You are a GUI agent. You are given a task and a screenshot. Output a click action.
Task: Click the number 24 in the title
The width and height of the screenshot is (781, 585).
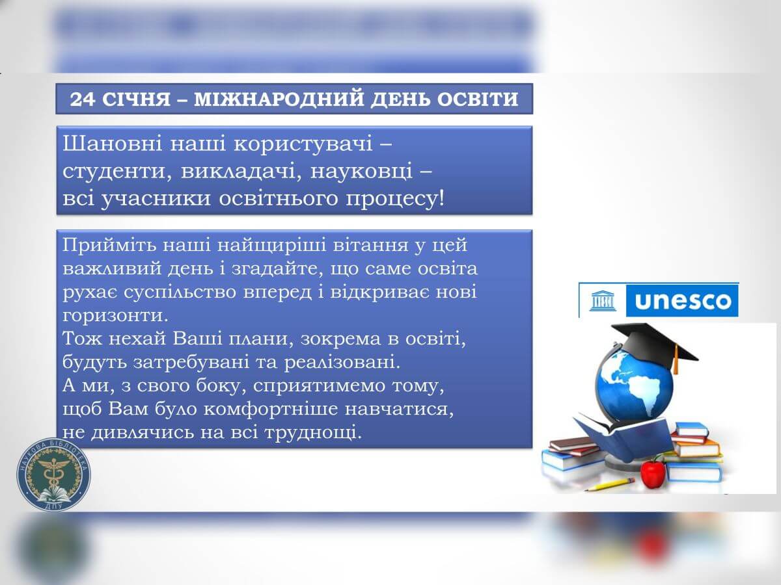click(82, 99)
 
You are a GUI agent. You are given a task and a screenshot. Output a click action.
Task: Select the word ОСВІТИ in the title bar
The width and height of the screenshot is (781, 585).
click(478, 99)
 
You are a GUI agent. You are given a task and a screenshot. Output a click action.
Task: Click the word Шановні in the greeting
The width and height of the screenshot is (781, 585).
click(113, 144)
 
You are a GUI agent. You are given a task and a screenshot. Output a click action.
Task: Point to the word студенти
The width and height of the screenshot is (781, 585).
click(118, 172)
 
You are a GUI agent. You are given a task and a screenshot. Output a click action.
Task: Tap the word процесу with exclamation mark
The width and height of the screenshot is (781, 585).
click(395, 199)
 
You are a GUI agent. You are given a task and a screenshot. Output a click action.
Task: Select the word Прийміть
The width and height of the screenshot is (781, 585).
click(109, 245)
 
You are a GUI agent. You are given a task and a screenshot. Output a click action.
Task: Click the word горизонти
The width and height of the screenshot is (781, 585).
click(115, 316)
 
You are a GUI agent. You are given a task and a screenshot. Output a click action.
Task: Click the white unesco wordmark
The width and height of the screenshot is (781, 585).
click(683, 301)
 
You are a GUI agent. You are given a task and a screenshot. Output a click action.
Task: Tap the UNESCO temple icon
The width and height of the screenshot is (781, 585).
click(603, 301)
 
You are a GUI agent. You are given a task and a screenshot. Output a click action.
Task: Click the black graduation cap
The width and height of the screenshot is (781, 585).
click(657, 344)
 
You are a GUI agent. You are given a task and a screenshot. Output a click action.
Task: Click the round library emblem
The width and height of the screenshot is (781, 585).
click(54, 474)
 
